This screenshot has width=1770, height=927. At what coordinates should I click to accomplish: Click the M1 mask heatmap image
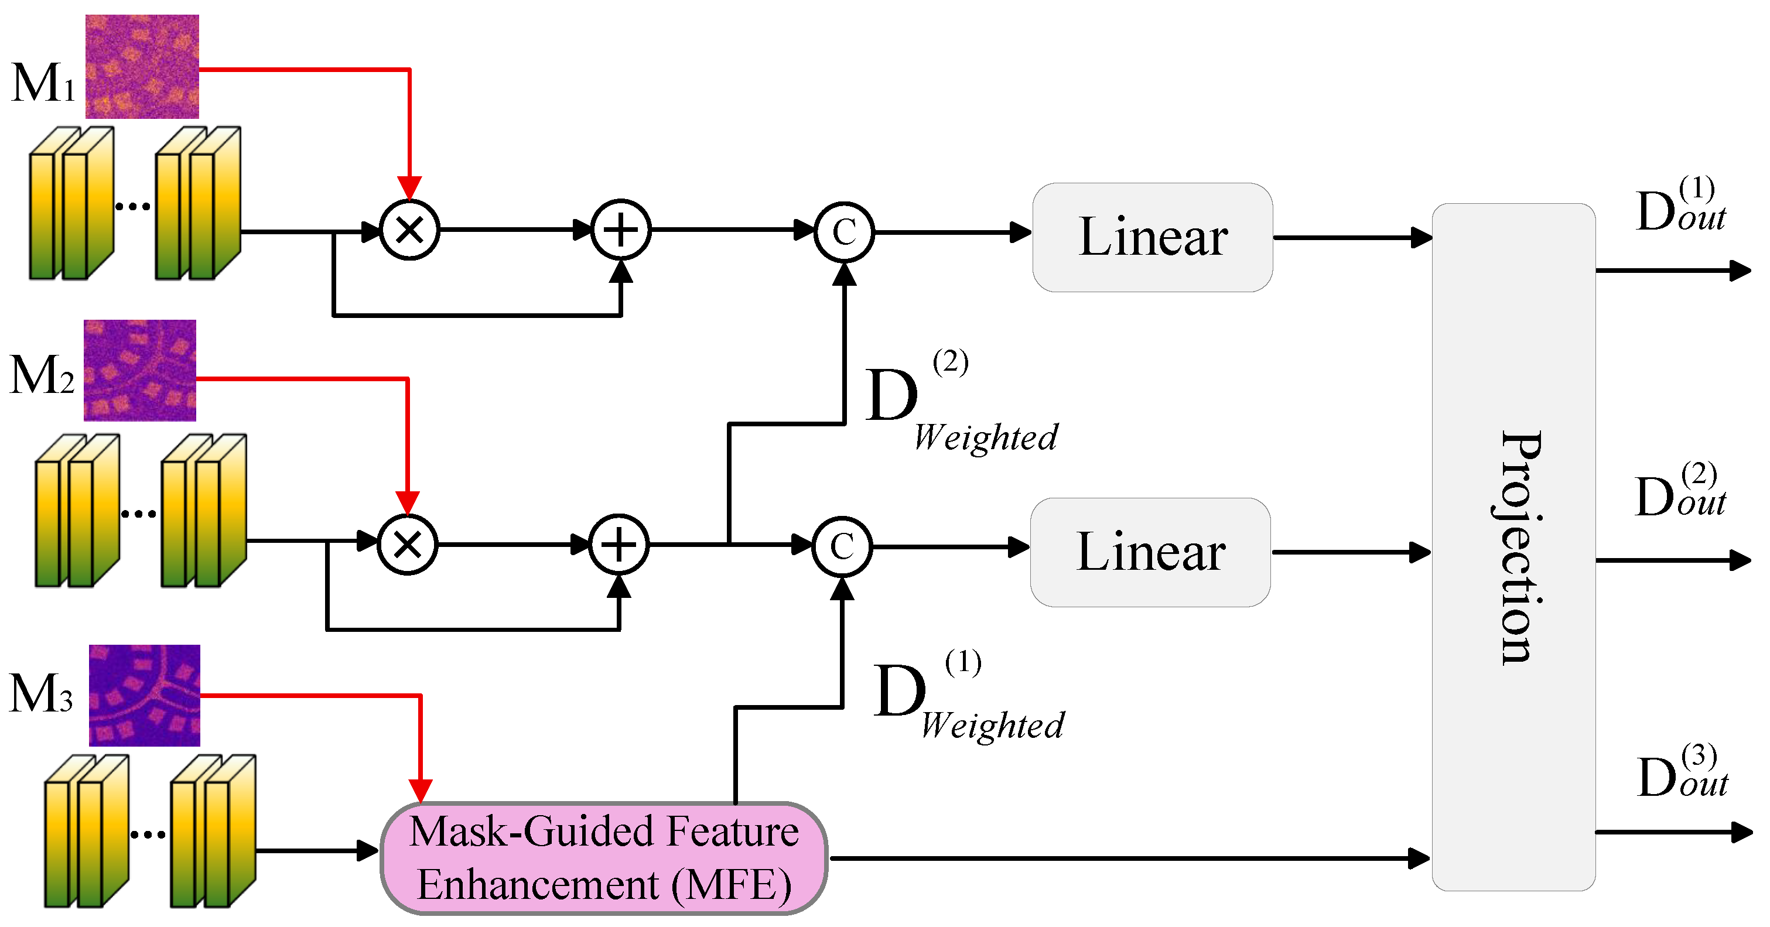tap(142, 67)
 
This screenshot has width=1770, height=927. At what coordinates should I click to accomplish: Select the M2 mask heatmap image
tap(140, 370)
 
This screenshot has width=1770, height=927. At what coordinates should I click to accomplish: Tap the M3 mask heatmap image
tap(144, 696)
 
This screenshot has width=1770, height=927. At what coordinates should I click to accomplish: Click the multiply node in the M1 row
tap(409, 230)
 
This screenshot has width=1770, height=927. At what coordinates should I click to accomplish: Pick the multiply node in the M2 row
tap(408, 544)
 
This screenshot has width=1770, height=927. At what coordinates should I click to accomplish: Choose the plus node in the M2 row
tap(619, 544)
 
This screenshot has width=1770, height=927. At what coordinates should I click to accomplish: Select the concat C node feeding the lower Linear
tap(842, 546)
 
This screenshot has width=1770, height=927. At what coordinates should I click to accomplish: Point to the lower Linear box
tap(1151, 552)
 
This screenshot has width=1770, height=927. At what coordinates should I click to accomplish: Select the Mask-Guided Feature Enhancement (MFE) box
tap(604, 857)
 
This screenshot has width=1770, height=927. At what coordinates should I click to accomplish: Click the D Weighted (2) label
tap(962, 402)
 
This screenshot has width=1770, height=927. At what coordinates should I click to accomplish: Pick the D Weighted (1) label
tap(969, 696)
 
